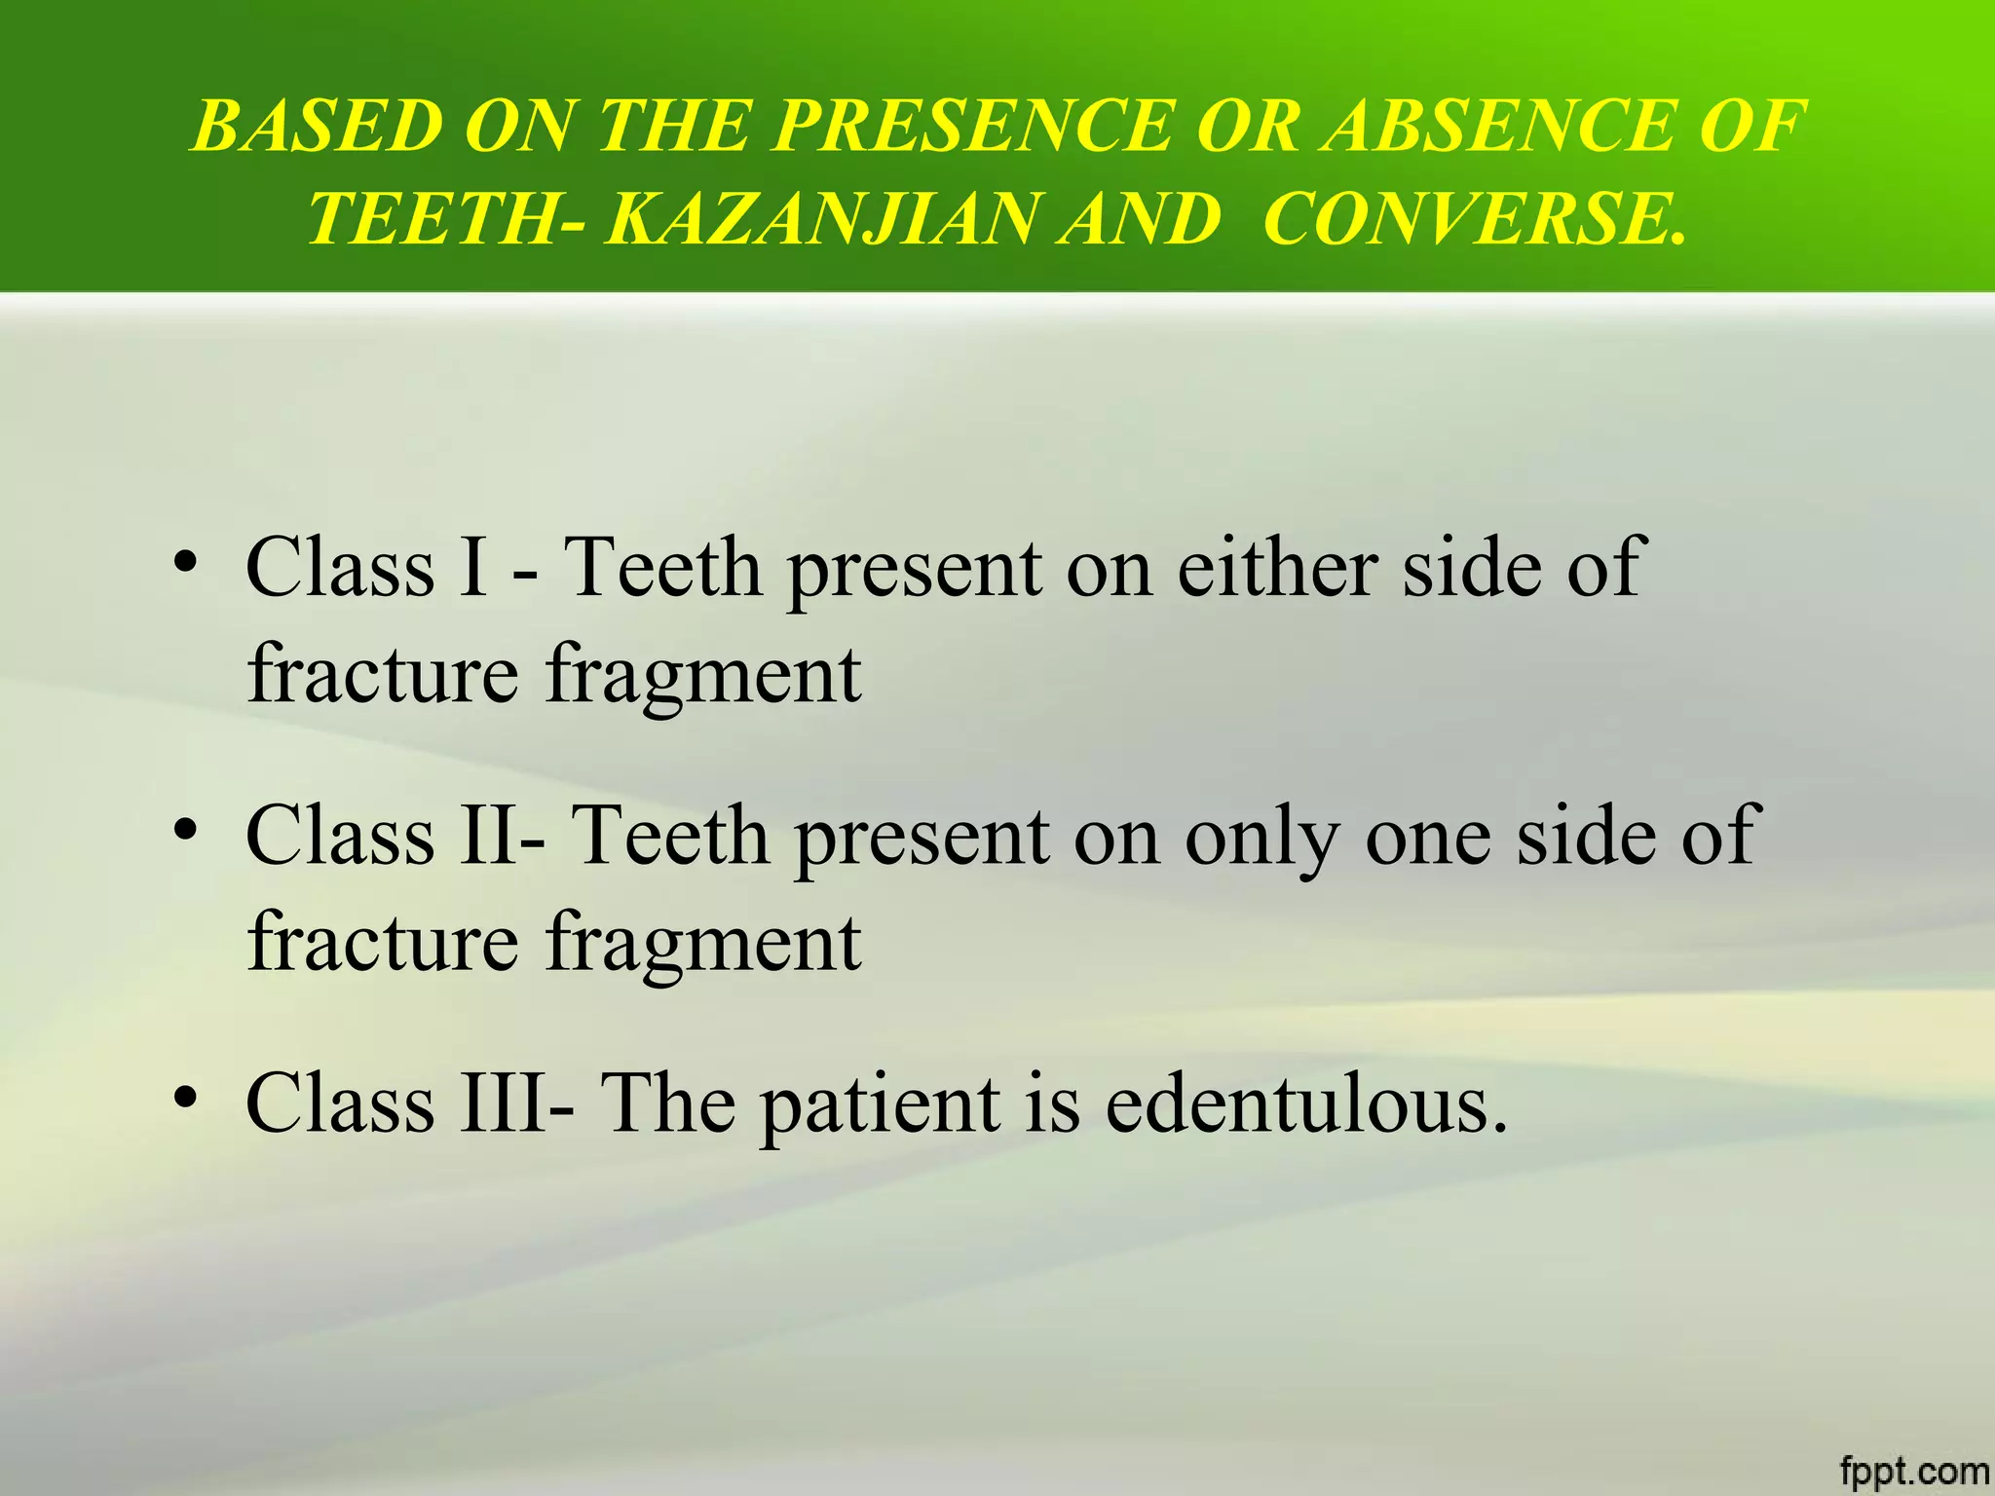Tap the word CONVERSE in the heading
coord(1471,218)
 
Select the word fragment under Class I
coord(703,676)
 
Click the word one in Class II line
coord(1427,838)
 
